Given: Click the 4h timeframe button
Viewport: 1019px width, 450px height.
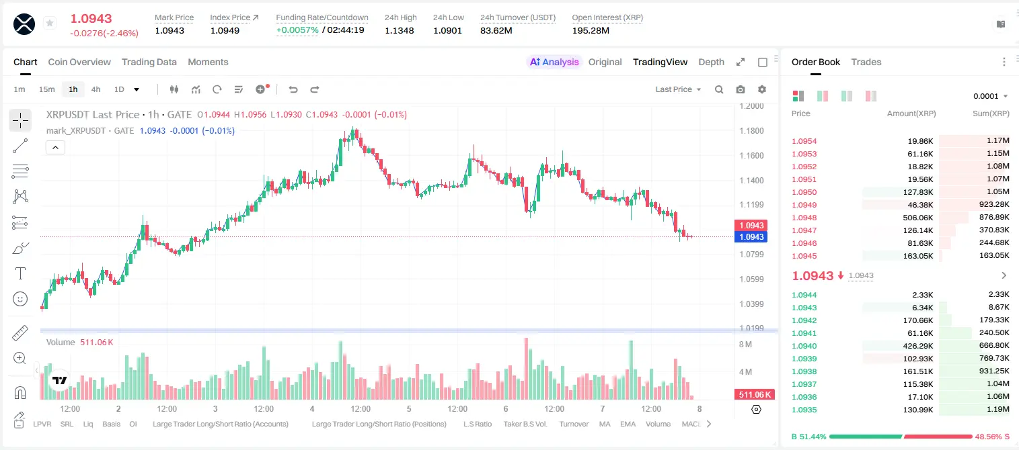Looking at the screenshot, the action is click(96, 89).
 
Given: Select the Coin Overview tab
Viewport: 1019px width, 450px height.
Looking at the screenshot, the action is click(79, 62).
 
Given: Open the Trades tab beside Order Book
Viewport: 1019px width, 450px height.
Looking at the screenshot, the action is click(866, 62).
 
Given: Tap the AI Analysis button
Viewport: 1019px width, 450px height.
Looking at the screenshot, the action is click(554, 62).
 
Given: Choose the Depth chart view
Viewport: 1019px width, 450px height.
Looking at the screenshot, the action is click(711, 62).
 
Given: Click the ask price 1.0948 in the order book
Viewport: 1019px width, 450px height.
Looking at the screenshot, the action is click(804, 218).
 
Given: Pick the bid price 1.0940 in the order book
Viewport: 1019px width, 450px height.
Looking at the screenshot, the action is click(804, 346).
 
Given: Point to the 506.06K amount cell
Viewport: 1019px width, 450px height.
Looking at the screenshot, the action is click(917, 218).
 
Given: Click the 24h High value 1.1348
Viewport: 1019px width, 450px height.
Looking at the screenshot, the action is click(400, 30).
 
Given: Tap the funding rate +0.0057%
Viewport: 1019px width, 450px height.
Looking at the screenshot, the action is click(297, 30).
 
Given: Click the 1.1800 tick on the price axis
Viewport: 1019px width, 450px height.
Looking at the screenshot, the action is click(751, 131).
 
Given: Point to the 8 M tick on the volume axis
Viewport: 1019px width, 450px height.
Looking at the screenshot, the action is click(746, 344).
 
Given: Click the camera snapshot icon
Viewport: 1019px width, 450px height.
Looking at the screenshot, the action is click(741, 89).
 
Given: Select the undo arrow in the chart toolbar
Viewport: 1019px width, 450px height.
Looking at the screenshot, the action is click(293, 89).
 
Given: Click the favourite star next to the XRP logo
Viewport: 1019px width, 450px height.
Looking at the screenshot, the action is click(50, 23).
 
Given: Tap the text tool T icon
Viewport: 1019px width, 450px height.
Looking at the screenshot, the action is click(20, 273).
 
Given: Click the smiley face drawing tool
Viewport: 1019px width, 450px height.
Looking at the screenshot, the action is click(20, 299).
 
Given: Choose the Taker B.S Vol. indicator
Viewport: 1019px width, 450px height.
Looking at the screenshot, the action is click(525, 424).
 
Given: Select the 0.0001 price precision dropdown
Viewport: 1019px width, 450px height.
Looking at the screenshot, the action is click(990, 96).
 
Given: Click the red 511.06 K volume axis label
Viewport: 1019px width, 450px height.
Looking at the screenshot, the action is click(755, 395).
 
